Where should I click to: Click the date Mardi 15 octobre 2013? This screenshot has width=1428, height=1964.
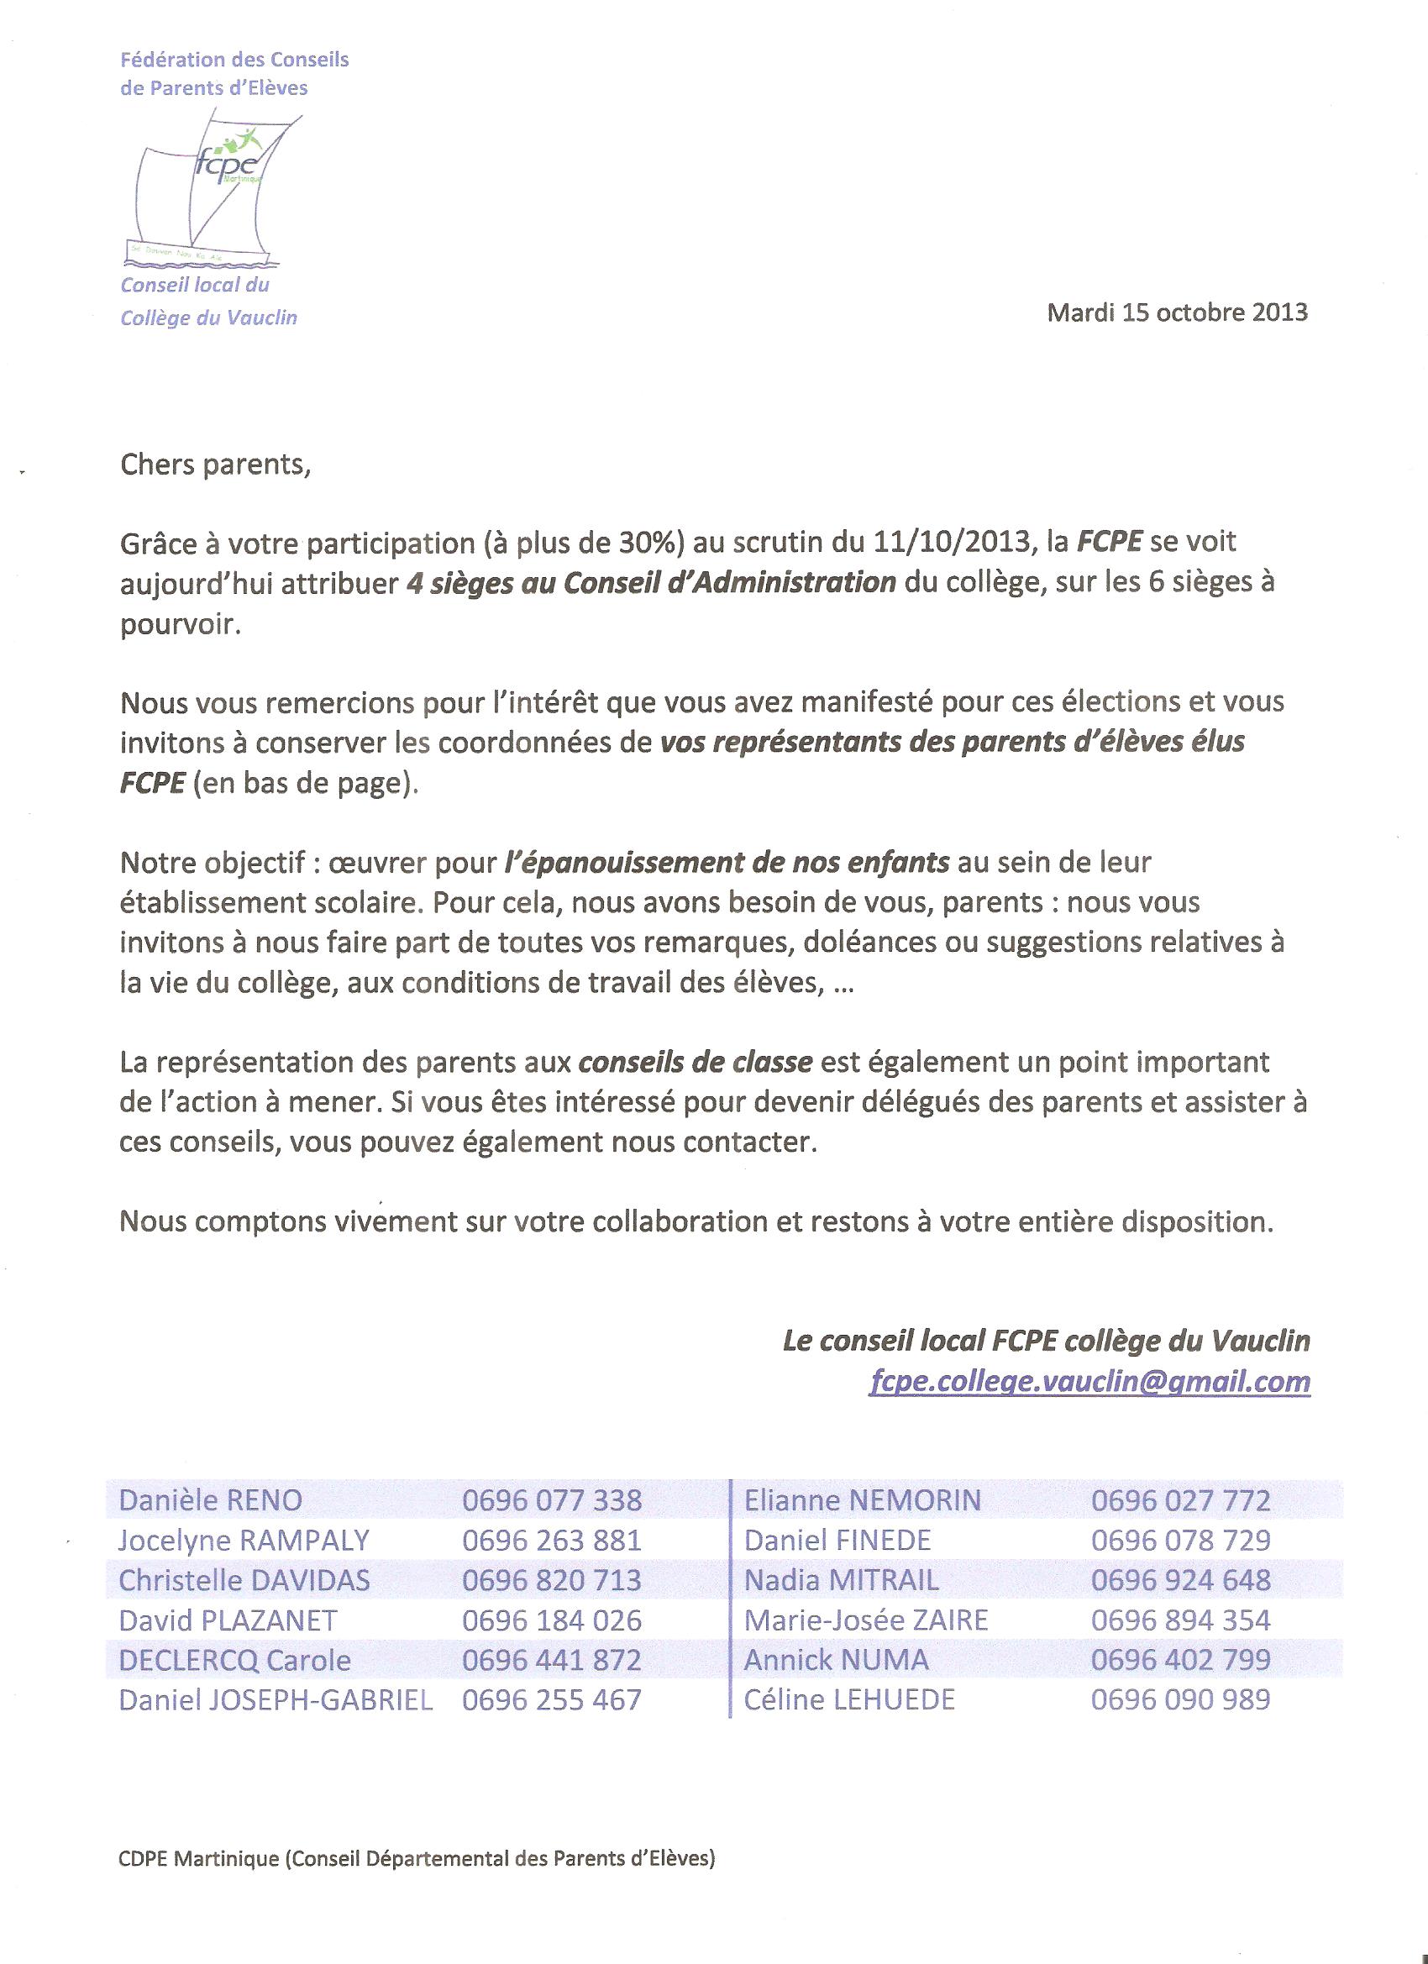click(1177, 312)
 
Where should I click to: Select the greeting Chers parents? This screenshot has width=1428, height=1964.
click(215, 465)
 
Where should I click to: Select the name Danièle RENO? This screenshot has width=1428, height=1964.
click(211, 1499)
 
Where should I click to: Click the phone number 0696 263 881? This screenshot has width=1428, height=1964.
click(552, 1540)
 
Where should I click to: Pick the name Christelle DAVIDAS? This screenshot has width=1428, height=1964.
click(244, 1580)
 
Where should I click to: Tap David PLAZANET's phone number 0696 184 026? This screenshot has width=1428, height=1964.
click(552, 1620)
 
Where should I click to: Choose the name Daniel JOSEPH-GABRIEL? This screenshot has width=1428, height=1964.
click(276, 1700)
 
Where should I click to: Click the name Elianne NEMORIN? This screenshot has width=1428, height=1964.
click(863, 1499)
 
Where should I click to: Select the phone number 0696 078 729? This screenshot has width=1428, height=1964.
click(1180, 1540)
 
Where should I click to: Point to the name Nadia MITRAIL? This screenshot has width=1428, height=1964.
click(841, 1580)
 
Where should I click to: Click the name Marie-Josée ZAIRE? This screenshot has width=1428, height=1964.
click(866, 1620)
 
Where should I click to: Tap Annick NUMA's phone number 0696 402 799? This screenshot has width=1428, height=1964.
click(1180, 1660)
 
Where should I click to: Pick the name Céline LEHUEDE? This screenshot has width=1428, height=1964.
click(848, 1700)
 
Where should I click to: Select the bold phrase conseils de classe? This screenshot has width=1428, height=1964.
click(696, 1062)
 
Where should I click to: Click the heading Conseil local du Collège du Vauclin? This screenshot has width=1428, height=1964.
click(207, 302)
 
